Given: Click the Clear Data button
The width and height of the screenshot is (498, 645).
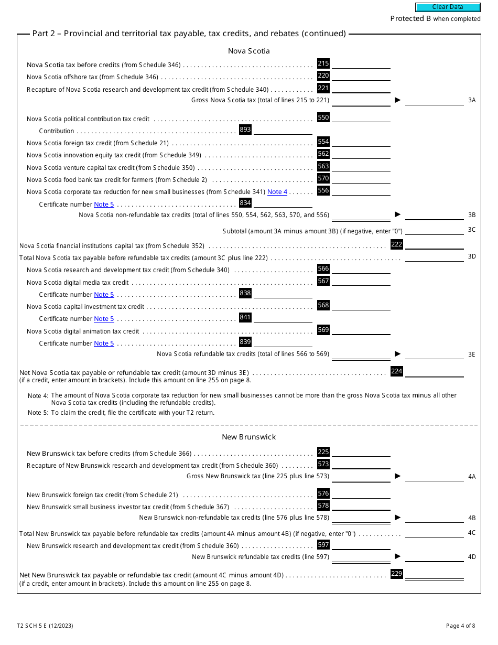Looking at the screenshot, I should (x=448, y=7).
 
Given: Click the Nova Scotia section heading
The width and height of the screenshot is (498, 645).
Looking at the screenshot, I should (x=248, y=51).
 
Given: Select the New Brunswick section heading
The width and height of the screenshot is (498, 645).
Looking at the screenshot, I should (x=248, y=437).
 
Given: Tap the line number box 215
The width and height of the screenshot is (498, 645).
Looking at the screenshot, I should (x=323, y=63).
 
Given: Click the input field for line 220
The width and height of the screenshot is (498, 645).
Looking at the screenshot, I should (x=361, y=76).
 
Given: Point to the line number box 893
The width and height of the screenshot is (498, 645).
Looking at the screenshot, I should (x=245, y=130).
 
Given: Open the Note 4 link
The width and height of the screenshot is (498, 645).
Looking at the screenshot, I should (x=277, y=192).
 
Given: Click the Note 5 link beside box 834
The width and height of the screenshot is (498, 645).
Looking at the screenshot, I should (x=104, y=205).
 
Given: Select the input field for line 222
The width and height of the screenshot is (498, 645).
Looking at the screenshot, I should (x=434, y=244).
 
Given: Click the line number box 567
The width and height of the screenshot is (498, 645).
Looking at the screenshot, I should (x=323, y=281).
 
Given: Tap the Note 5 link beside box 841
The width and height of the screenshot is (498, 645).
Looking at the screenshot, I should (x=104, y=319).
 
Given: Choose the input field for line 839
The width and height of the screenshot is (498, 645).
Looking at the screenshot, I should (x=283, y=342).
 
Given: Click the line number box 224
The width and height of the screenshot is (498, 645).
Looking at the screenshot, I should (x=397, y=371).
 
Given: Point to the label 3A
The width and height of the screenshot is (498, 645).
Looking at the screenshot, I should (x=472, y=100).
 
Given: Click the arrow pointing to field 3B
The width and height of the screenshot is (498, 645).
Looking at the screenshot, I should (x=397, y=214).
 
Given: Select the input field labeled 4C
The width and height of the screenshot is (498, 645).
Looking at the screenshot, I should (x=434, y=533).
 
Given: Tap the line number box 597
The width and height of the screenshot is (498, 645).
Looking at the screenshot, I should (x=323, y=545).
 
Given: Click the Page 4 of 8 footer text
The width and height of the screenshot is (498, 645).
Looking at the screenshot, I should (x=460, y=626).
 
